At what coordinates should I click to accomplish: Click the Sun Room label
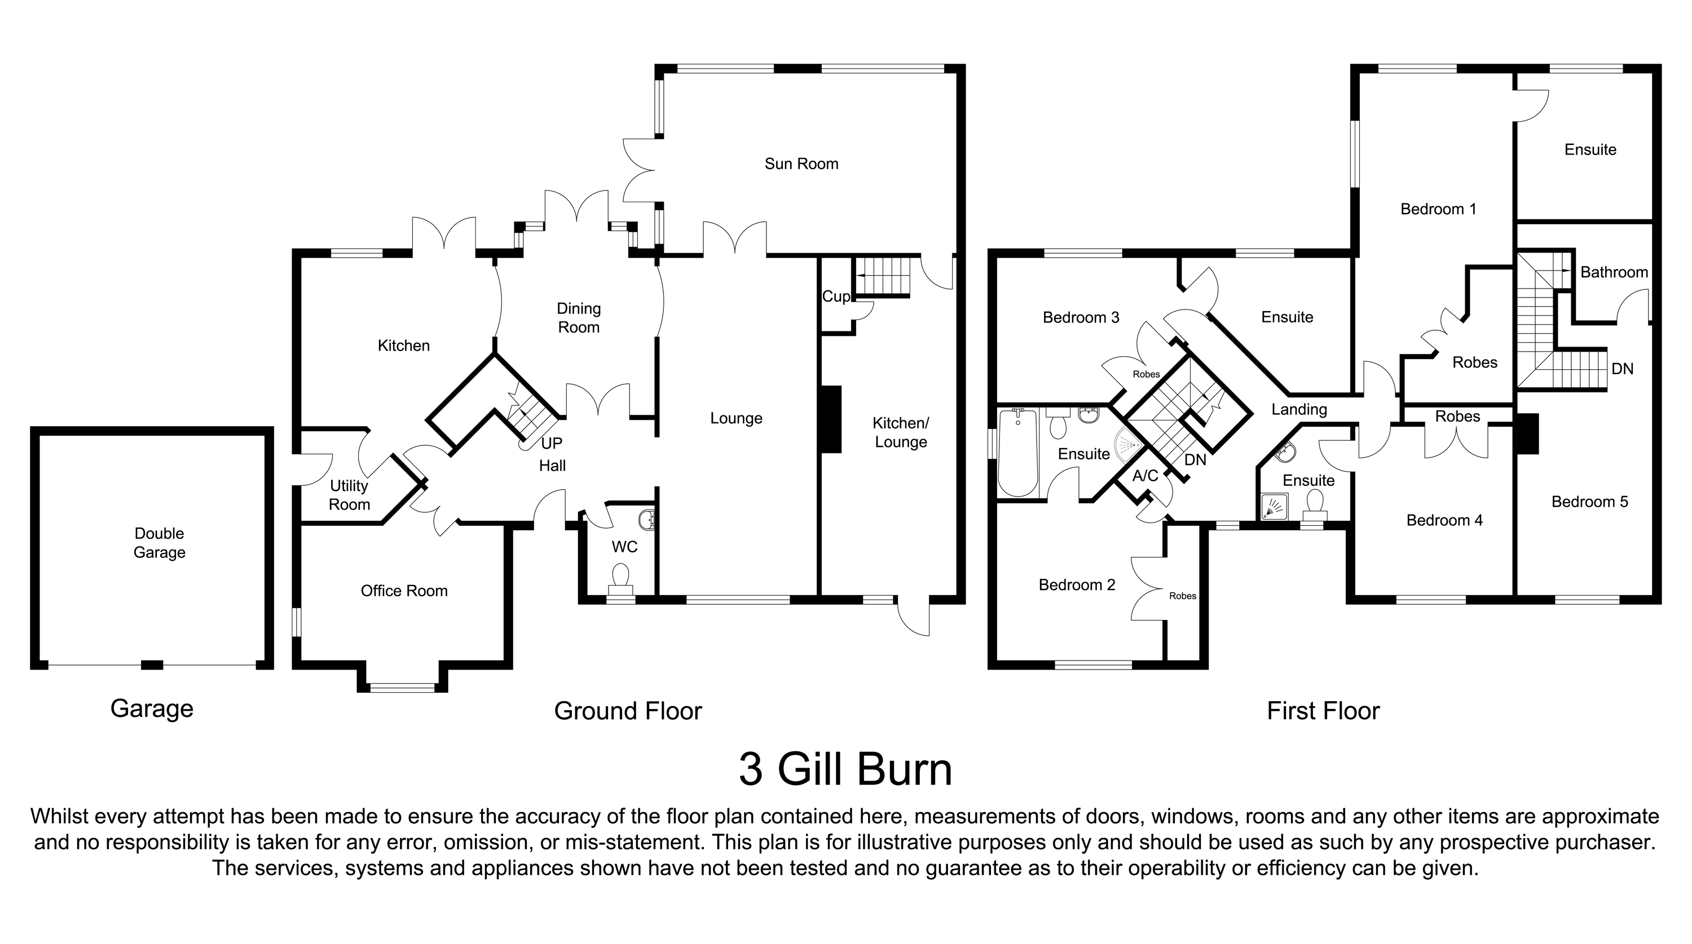point(801,163)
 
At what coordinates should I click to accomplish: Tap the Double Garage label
point(159,543)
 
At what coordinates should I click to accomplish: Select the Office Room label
point(404,591)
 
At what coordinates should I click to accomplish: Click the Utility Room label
point(350,495)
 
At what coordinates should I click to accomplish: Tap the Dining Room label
point(579,318)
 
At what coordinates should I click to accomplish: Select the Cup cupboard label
point(835,296)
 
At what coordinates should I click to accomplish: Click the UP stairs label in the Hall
point(551,443)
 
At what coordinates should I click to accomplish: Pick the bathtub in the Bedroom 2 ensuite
point(1017,453)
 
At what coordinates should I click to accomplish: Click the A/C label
point(1145,476)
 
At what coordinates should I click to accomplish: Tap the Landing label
point(1298,410)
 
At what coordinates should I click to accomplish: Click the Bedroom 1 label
point(1438,210)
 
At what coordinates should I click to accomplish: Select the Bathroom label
point(1613,272)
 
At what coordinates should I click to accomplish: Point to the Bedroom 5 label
point(1589,502)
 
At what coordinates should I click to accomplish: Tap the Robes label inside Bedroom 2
point(1182,596)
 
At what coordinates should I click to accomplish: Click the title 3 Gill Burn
point(845,769)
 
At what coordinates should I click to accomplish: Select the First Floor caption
point(1323,711)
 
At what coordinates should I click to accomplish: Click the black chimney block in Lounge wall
point(831,419)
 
